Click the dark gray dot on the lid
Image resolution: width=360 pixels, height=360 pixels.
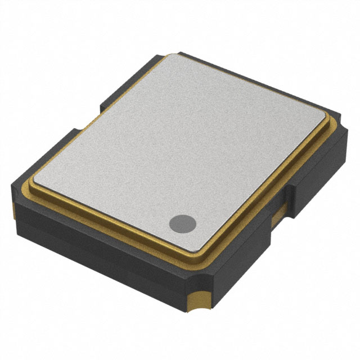click(x=183, y=223)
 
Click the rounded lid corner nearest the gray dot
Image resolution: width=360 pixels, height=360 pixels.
click(x=200, y=247)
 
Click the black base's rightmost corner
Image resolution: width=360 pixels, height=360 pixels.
click(x=345, y=141)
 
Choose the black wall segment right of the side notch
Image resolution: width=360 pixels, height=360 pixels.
click(x=318, y=174)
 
